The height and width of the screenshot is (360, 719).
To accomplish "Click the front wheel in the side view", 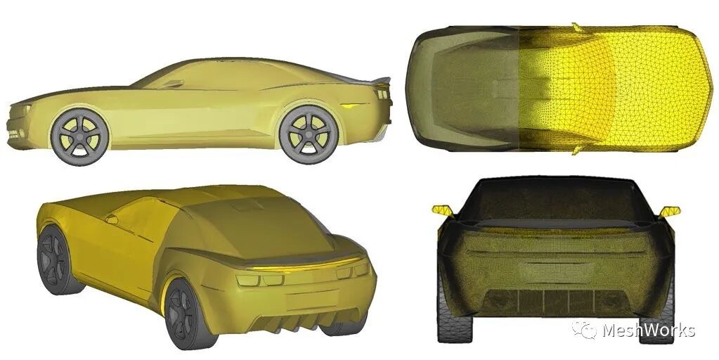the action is coord(80,136).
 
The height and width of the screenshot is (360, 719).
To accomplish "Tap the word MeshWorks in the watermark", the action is coord(649,330).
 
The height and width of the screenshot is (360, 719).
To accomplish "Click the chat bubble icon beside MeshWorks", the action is coord(584,330).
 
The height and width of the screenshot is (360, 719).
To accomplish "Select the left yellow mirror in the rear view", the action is coord(443,210).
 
